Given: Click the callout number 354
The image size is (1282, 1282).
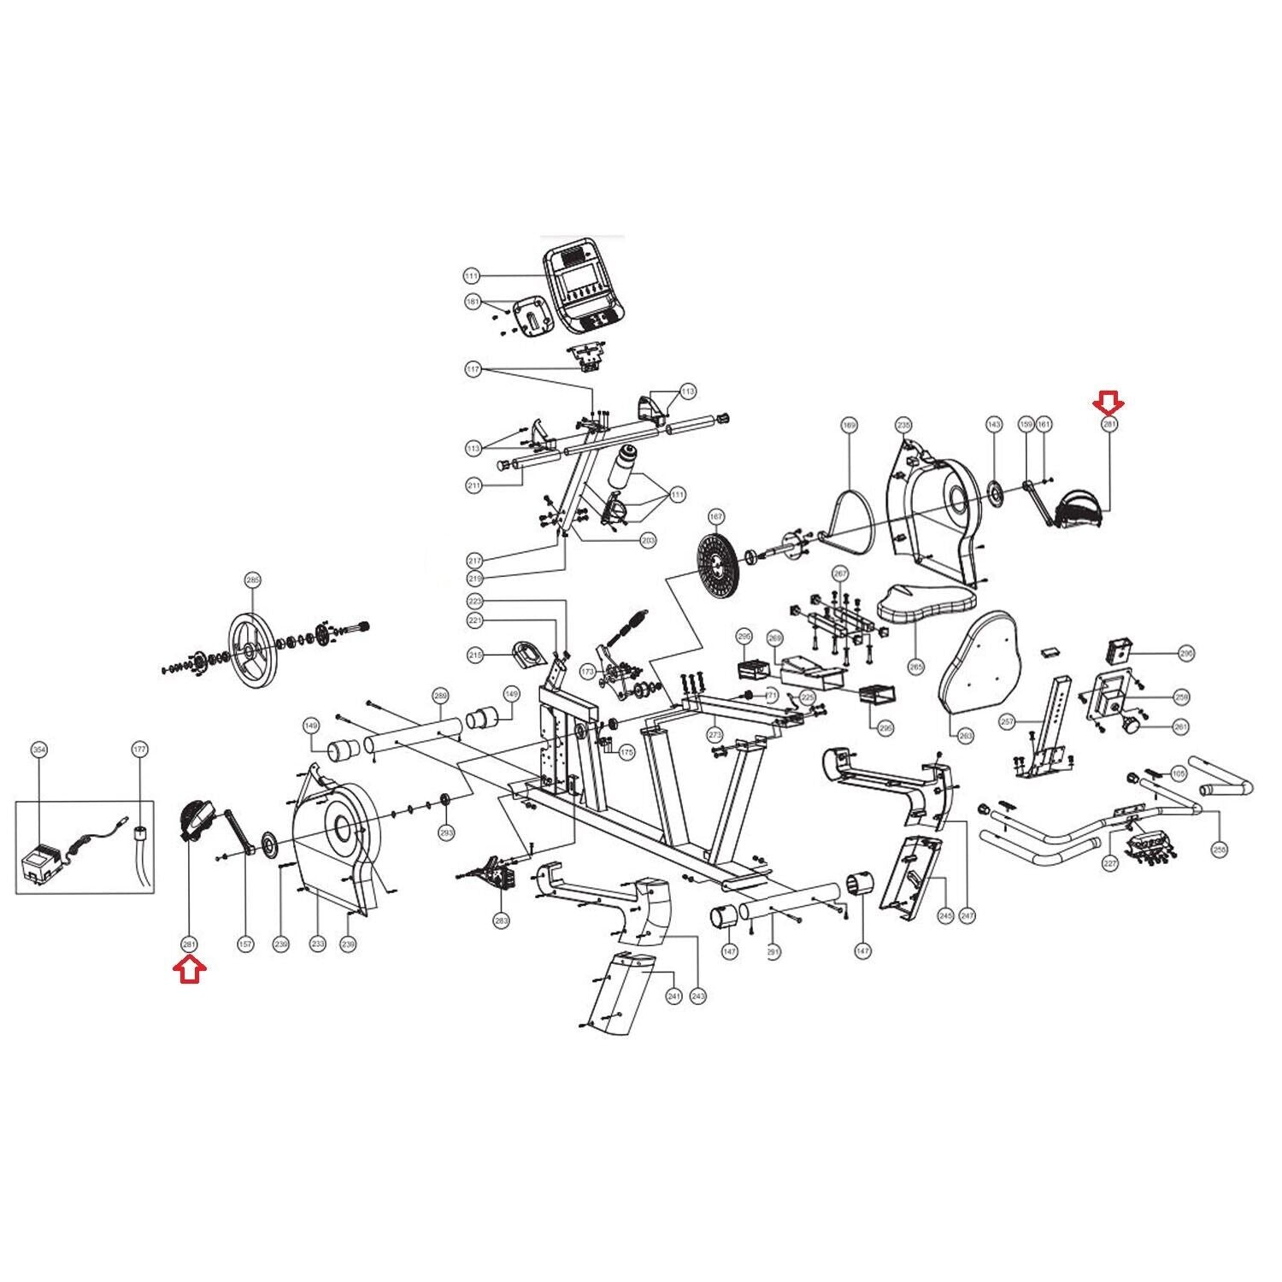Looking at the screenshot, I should coord(38,750).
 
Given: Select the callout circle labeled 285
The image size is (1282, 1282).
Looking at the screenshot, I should coord(252,580).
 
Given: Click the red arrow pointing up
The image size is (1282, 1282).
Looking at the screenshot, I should coord(190,971).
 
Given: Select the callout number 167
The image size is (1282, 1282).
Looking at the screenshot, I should coord(716,516).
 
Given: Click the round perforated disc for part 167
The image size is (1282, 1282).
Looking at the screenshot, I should coord(716,560).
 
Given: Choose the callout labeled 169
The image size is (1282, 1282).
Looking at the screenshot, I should coord(849,425).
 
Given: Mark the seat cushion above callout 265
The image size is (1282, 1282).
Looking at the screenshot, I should coord(927,603).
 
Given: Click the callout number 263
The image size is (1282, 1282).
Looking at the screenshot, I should coord(966,735).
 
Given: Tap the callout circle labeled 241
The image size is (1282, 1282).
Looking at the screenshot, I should coord(674,997).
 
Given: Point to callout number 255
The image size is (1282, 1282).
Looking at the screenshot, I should coord(1220,850).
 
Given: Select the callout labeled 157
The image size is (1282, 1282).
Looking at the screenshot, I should coord(245,944).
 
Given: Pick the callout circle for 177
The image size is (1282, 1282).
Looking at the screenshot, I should coord(140,750).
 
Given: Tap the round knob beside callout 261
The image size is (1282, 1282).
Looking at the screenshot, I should coord(1131,726).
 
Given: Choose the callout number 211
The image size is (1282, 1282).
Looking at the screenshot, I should coord(474,485).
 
